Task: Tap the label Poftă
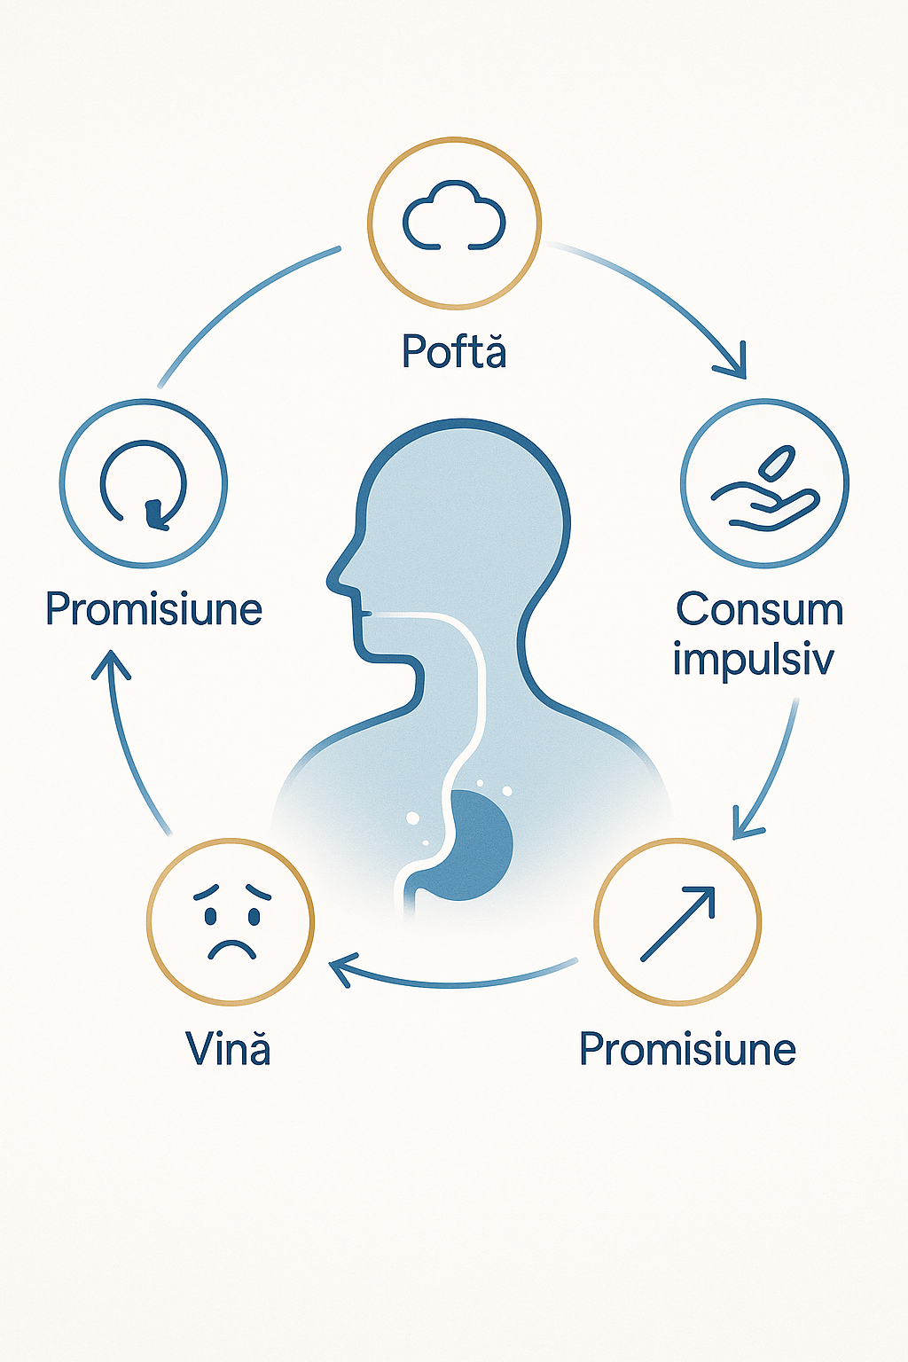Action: pos(454,351)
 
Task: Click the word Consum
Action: pos(760,610)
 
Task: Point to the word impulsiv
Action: pos(753,659)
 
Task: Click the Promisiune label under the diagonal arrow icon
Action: pos(687,1049)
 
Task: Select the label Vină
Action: pos(228,1049)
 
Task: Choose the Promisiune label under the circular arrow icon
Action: pos(153,609)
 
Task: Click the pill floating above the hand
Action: pos(778,461)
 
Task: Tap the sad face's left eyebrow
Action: pos(207,891)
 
